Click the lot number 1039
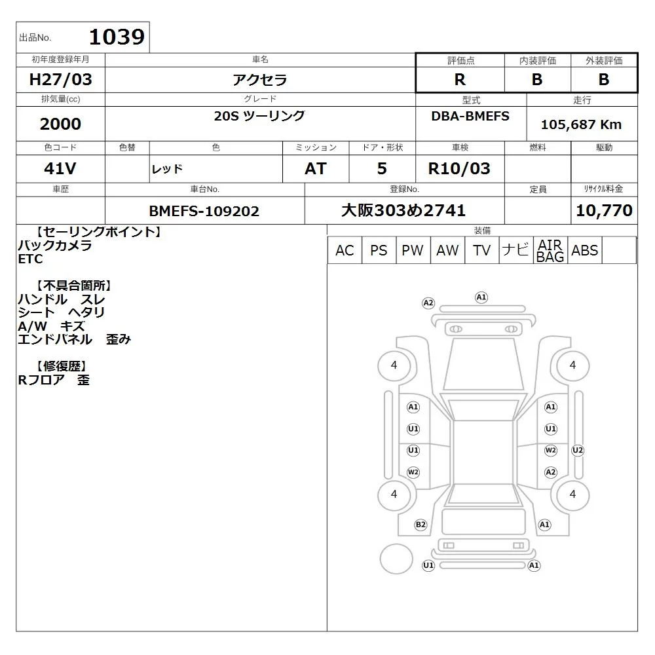tap(117, 37)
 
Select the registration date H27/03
tap(60, 79)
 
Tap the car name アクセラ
tap(260, 79)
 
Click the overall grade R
tap(460, 79)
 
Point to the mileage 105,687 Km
tap(581, 124)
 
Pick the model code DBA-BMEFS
tap(470, 116)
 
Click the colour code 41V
tap(60, 168)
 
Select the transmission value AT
tap(316, 168)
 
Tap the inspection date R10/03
tap(459, 168)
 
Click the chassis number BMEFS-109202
tap(204, 211)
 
